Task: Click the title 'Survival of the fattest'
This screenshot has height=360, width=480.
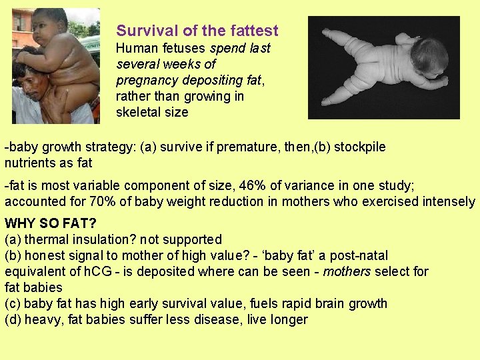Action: (197, 31)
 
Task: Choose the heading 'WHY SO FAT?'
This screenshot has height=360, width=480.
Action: (50, 223)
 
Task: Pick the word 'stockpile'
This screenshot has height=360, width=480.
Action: (360, 147)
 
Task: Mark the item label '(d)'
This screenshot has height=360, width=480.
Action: (13, 319)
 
